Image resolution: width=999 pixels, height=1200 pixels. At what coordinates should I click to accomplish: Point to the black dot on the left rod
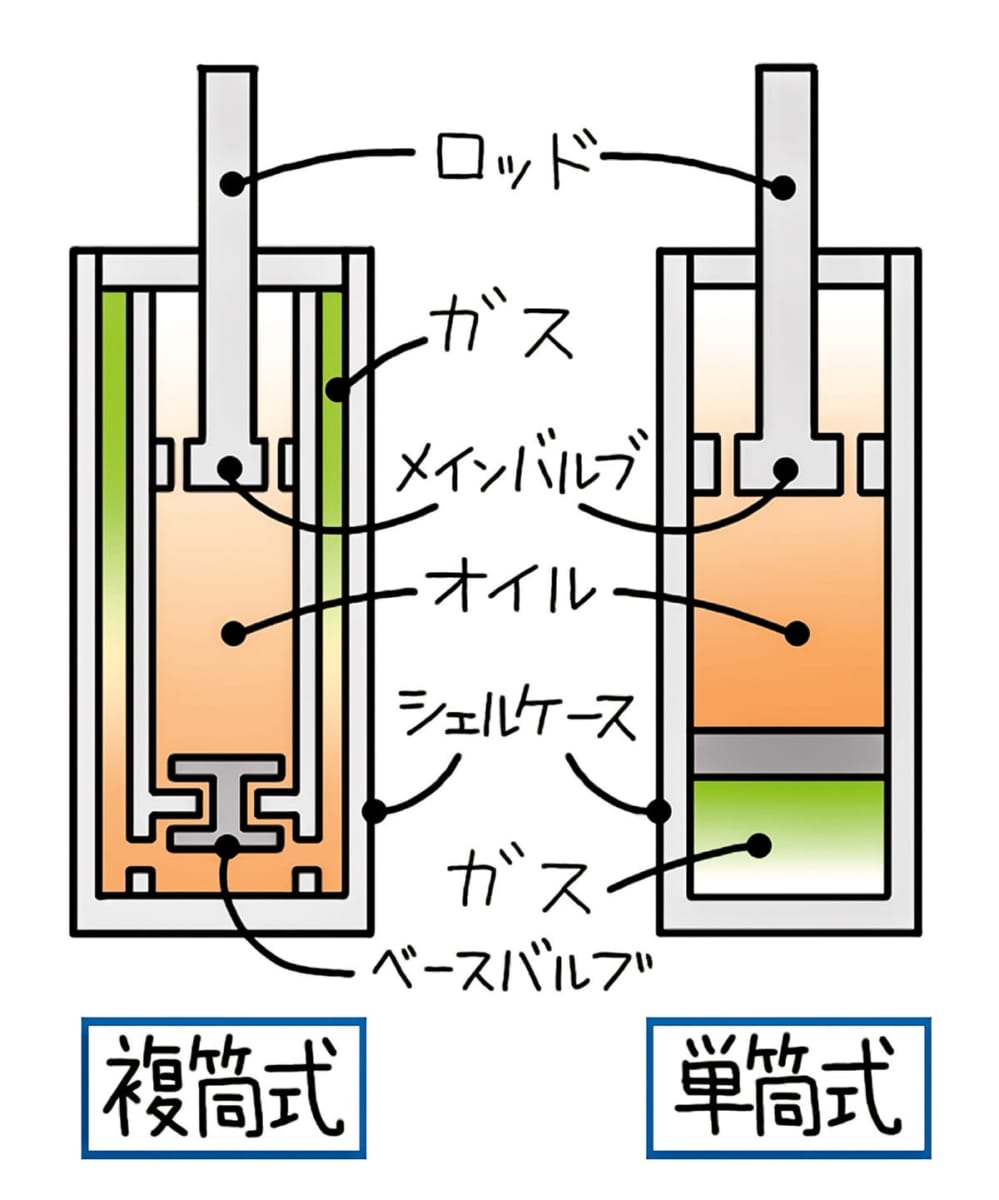pos(233,184)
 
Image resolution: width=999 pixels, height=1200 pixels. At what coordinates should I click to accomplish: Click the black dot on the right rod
pos(785,186)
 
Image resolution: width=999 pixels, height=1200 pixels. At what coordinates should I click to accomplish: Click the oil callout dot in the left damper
pos(233,632)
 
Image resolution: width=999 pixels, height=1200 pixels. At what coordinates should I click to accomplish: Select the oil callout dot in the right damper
pos(797,632)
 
